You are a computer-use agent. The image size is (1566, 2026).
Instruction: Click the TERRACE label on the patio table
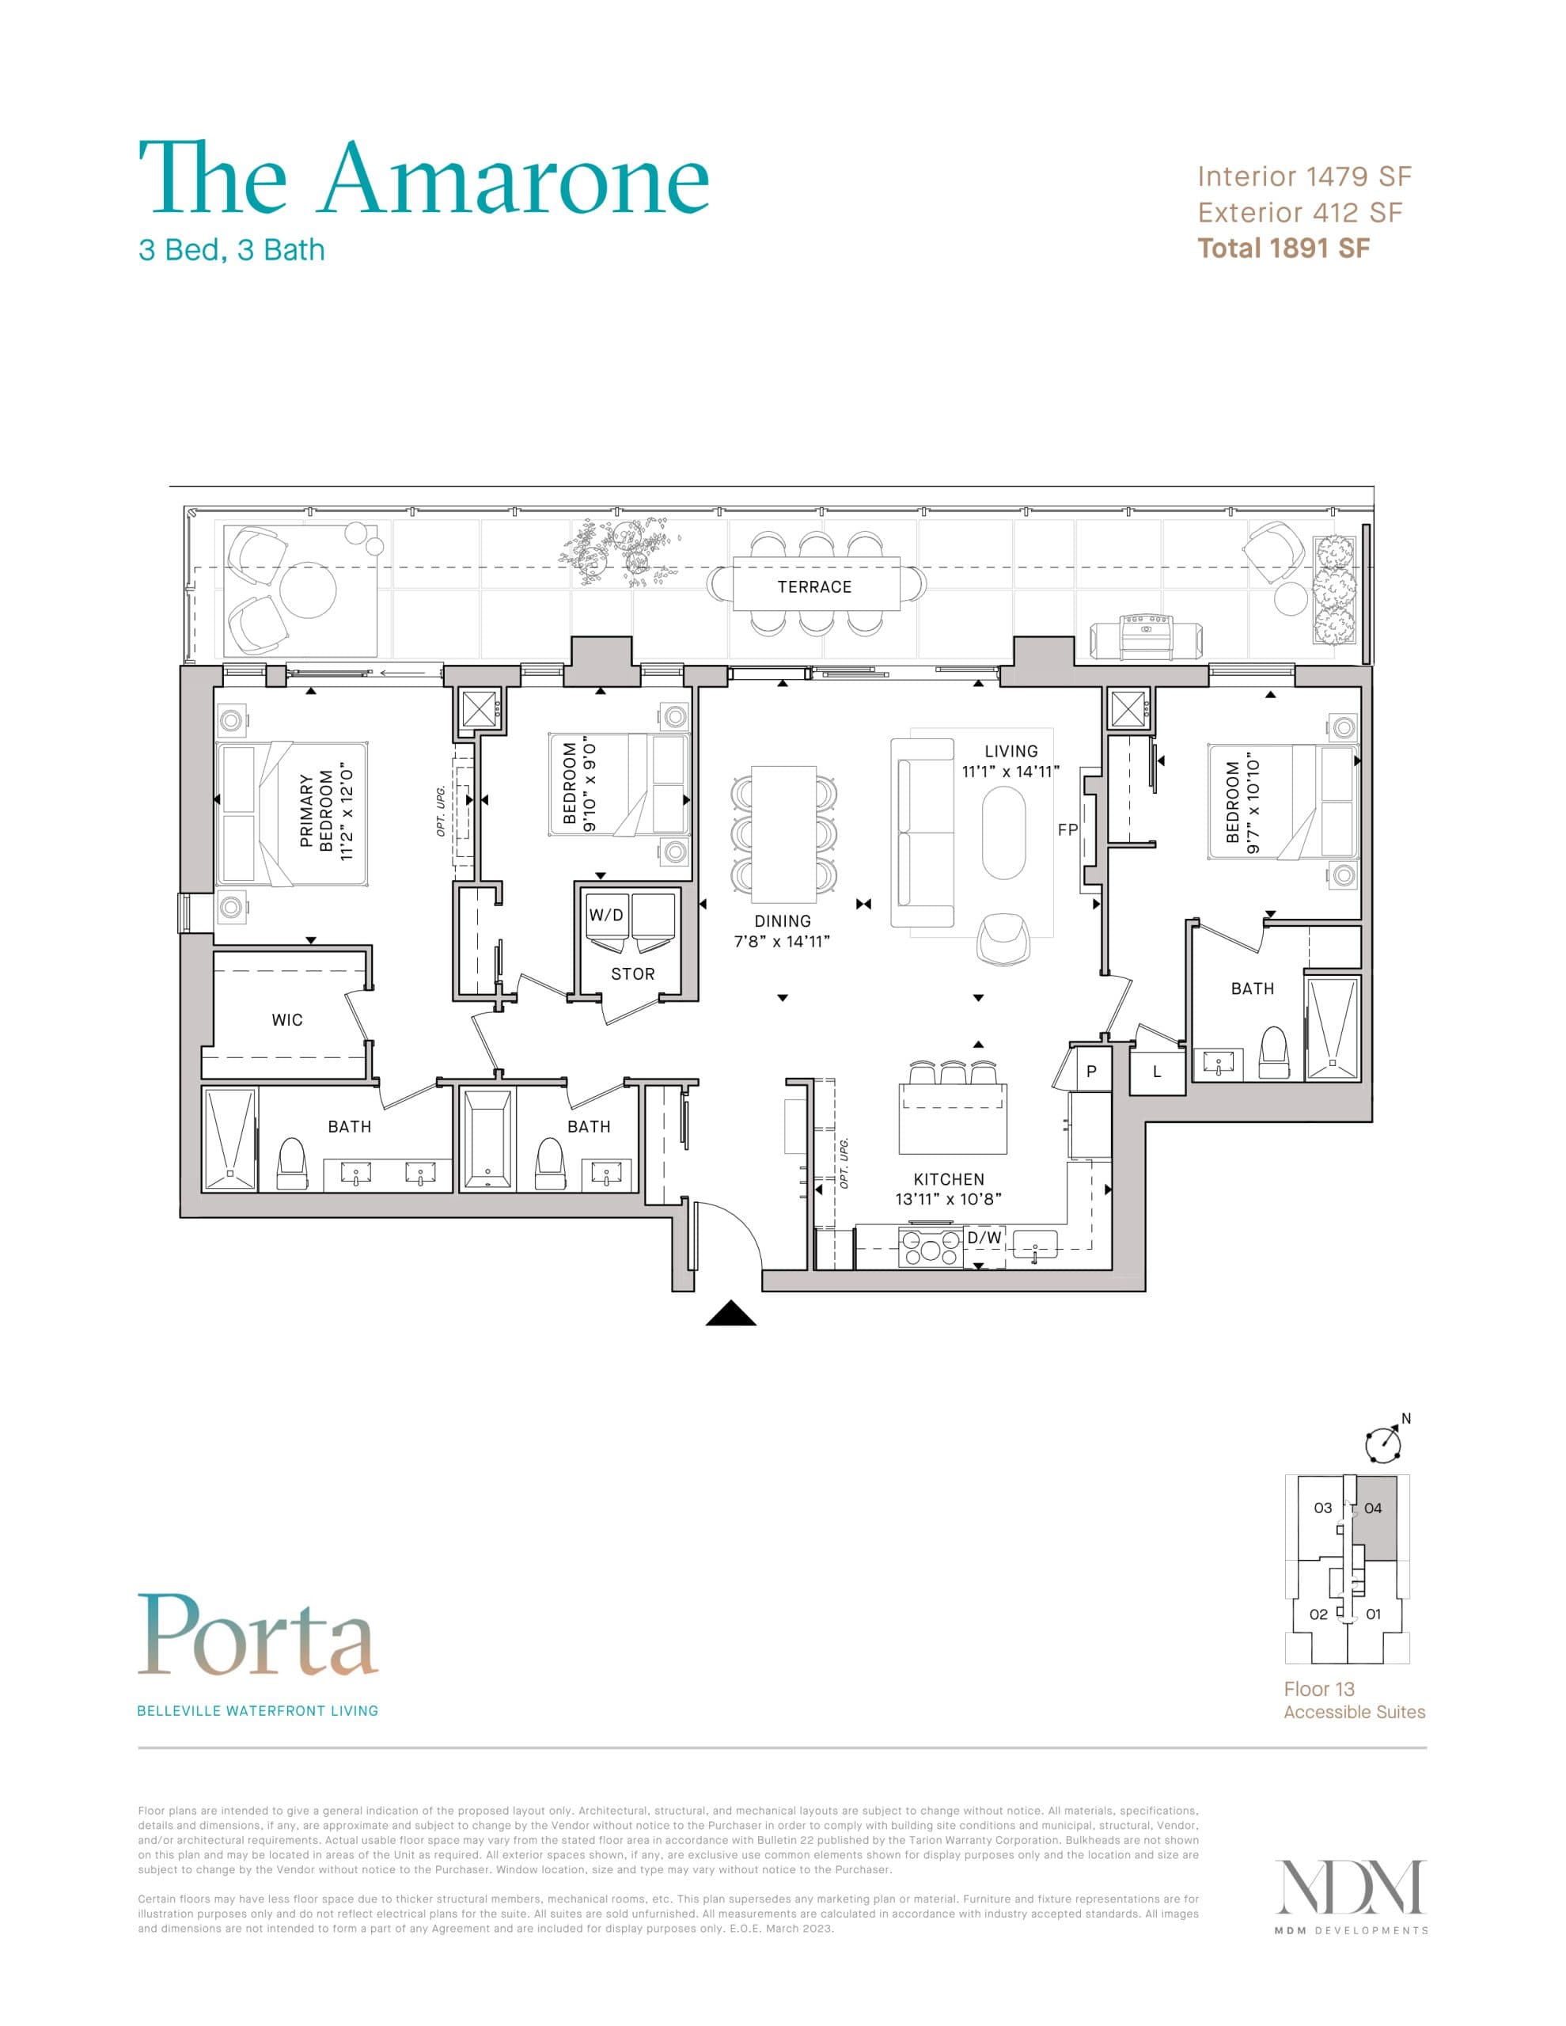(813, 586)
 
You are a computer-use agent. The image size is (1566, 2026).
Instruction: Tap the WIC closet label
(286, 1019)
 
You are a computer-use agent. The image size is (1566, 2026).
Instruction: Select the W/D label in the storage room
(606, 915)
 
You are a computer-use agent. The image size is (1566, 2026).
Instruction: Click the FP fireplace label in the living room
(1067, 830)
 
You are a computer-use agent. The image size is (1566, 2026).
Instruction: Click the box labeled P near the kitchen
(1091, 1071)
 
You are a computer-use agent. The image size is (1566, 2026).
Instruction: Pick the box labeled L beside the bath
(1156, 1072)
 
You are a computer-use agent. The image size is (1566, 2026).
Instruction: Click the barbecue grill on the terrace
(1147, 636)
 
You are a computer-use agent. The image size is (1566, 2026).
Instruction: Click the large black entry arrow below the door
(731, 1313)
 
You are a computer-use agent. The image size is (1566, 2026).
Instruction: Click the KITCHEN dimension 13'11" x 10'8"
(947, 1198)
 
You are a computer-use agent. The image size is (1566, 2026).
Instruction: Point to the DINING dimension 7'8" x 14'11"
(781, 941)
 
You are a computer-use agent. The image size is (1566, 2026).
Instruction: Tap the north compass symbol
(1382, 1443)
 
